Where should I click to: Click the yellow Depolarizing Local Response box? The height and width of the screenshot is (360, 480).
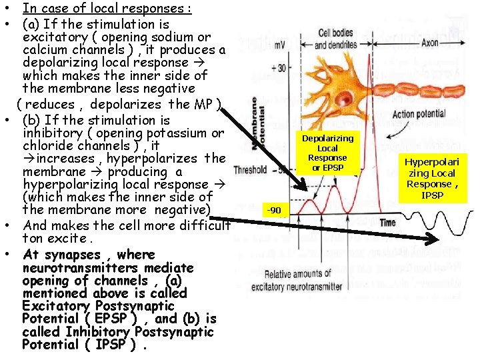tap(327, 153)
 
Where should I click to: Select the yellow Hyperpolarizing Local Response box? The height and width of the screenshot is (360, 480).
tap(432, 178)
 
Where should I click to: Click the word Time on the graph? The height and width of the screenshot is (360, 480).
tap(388, 222)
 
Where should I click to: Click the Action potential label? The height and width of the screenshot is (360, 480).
tap(422, 115)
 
